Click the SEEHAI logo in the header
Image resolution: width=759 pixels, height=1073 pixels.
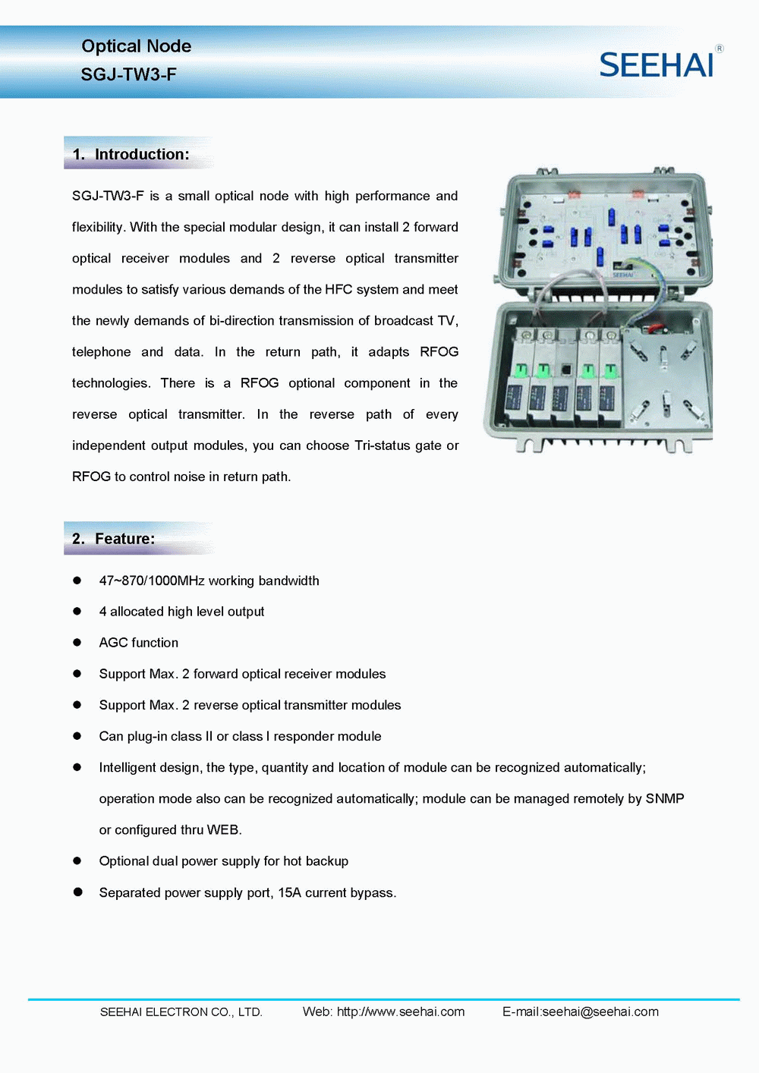coord(657,65)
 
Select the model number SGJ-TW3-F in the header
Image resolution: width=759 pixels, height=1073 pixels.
coord(128,74)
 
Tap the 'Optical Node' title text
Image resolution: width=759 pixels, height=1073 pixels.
coord(136,46)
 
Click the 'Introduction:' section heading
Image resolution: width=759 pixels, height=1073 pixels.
coord(141,154)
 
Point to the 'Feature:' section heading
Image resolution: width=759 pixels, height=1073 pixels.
coord(124,539)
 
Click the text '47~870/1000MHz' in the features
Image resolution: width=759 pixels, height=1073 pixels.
coord(152,581)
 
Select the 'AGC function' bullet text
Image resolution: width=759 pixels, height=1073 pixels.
coord(139,643)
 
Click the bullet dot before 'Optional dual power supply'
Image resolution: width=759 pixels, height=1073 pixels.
coord(77,861)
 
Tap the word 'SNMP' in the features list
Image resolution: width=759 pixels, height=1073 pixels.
coord(665,798)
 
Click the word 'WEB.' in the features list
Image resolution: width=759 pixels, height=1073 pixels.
coord(224,829)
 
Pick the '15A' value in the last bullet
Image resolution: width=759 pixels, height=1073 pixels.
coord(289,892)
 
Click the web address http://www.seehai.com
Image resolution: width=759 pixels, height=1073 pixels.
coord(401,1012)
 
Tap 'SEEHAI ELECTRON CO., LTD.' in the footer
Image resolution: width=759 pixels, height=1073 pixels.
coord(181,1012)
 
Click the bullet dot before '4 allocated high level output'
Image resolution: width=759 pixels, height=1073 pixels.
coord(77,611)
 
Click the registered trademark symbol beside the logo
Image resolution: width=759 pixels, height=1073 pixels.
coord(720,49)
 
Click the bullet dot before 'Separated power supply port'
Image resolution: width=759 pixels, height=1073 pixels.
coord(77,892)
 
